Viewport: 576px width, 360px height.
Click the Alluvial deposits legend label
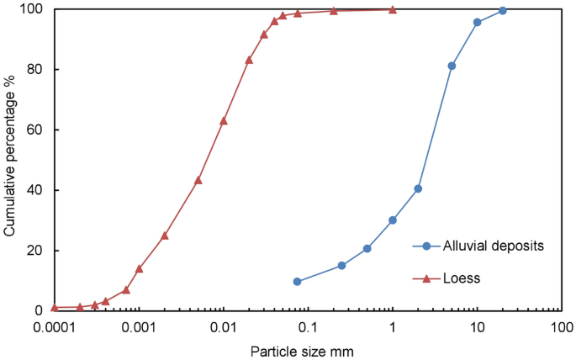click(x=495, y=246)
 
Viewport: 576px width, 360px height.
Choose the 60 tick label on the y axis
click(x=38, y=130)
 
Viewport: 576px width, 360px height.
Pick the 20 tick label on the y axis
click(x=38, y=251)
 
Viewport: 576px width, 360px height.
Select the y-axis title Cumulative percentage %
click(x=11, y=159)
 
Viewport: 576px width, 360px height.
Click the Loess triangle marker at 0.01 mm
click(x=224, y=120)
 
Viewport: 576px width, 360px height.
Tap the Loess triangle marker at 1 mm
click(x=393, y=9)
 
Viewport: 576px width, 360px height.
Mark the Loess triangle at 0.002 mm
click(x=165, y=236)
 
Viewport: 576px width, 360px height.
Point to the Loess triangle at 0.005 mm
click(x=198, y=180)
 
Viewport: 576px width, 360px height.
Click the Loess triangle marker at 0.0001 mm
click(x=55, y=307)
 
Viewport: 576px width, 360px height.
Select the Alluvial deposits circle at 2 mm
click(x=418, y=188)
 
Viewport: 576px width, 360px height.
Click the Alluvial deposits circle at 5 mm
click(x=452, y=66)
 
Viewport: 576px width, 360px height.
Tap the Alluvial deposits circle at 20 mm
click(x=503, y=11)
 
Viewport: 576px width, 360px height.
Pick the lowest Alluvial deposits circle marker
click(x=297, y=282)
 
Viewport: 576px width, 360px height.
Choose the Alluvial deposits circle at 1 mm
click(x=393, y=220)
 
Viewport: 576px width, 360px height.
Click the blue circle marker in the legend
click(x=426, y=246)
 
